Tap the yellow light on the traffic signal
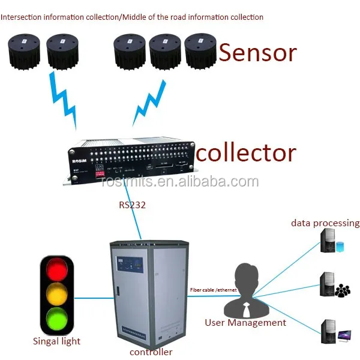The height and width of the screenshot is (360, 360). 56,293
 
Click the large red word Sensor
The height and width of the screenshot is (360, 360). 257,53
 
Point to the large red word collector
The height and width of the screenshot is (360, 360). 246,152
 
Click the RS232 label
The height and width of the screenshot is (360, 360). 131,205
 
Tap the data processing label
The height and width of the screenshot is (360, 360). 325,223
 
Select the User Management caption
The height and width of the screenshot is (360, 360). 245,323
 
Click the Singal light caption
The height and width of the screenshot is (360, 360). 56,341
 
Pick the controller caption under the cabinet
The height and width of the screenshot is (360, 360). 151,352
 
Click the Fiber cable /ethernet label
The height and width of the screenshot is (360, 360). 213,290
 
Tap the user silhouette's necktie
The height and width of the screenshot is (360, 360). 246,309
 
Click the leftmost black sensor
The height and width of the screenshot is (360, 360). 23,52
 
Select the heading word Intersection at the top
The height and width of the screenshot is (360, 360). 22,17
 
